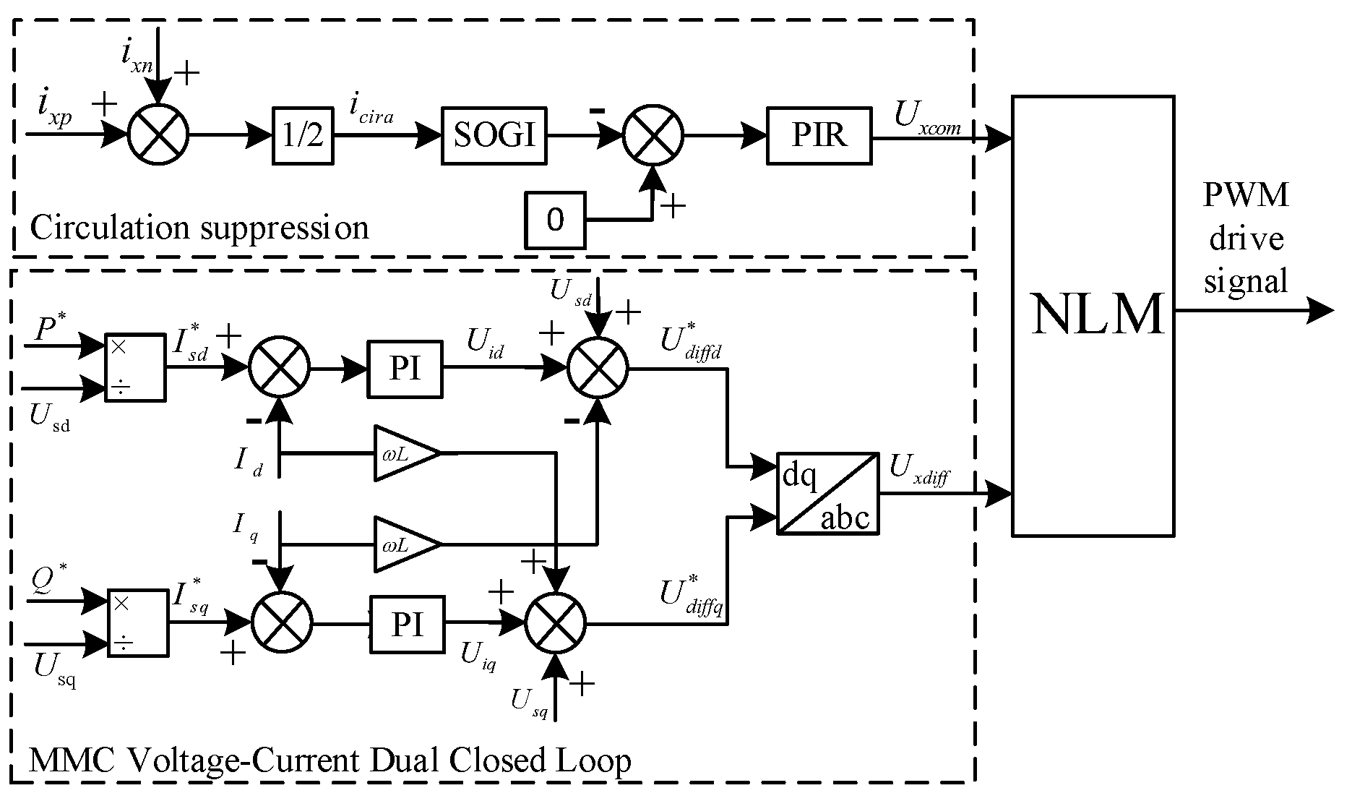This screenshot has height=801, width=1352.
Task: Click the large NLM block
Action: [1092, 316]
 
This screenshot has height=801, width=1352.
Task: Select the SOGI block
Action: [494, 136]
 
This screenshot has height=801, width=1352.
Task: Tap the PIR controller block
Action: [819, 136]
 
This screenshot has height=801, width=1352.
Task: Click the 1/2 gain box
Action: [303, 136]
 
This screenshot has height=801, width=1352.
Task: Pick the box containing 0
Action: [554, 220]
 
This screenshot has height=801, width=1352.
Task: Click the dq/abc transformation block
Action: [827, 494]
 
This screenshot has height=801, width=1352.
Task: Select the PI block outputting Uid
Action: [405, 369]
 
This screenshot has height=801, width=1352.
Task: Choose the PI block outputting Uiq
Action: [407, 625]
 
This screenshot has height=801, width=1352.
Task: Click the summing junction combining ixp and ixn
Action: [158, 134]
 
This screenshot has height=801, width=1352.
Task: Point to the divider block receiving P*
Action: [135, 368]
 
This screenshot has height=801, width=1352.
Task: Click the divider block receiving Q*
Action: [138, 623]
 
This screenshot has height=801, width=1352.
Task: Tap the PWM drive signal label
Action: [1246, 239]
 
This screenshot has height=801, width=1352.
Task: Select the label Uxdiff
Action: [918, 471]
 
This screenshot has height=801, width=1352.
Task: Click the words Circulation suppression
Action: [199, 228]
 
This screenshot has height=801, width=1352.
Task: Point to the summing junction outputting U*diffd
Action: [598, 369]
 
